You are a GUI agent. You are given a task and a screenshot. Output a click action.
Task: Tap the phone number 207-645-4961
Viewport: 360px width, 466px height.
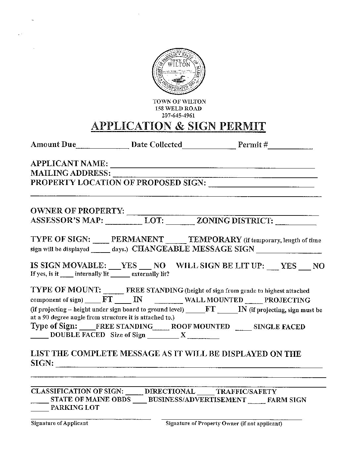178,116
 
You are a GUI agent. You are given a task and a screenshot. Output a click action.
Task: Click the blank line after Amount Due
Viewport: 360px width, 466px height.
102,147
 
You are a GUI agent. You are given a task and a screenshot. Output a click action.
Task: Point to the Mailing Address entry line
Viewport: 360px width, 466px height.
215,176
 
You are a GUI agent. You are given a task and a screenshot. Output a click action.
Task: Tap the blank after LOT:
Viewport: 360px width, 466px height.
180,223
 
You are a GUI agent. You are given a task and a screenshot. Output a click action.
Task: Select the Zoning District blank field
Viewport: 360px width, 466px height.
295,223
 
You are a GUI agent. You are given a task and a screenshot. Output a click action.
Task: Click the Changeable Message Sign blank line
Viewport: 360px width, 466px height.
289,251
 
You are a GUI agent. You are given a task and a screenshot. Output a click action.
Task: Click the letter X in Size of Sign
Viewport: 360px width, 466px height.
183,335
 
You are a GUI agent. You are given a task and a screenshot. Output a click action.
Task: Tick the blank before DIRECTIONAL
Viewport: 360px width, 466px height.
134,394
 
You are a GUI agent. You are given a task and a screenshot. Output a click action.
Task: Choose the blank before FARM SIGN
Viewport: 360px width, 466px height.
256,402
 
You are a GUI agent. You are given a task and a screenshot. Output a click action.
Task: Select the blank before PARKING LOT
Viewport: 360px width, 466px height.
39,410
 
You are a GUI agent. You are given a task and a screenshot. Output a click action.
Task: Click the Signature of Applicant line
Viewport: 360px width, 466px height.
91,418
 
